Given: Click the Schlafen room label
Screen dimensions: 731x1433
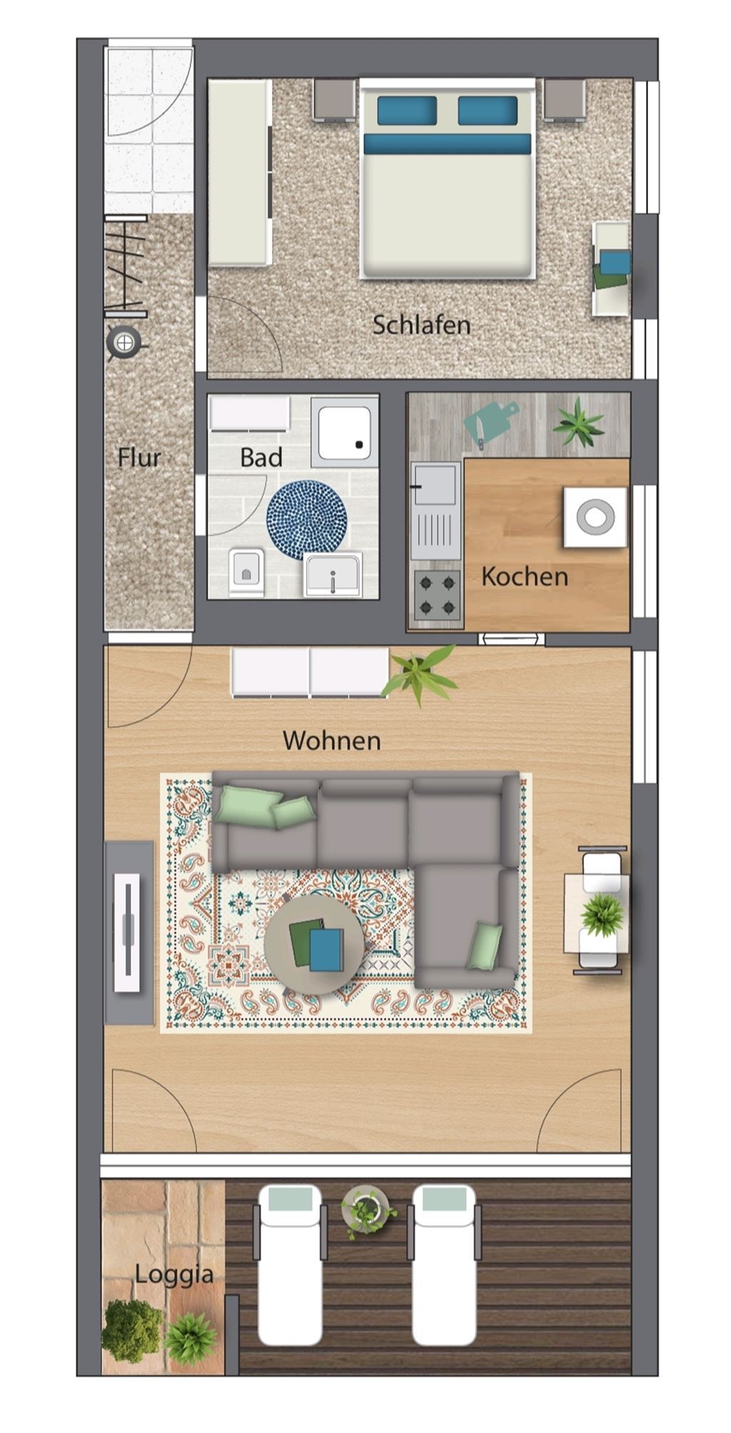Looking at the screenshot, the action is point(421,325).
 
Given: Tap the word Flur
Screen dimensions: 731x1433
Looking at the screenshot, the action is point(139,457).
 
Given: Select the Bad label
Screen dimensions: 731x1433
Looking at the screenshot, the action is point(261,457).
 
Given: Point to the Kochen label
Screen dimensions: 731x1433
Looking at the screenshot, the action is point(525,577).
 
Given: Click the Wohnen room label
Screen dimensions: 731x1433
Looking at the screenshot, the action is point(332,741).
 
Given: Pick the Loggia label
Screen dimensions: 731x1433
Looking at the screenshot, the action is point(174,1275).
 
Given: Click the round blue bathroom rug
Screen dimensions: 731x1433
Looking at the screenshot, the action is point(307,520).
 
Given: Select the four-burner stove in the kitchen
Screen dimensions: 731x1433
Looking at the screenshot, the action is point(437,595).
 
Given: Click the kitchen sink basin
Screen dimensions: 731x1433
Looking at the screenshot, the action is point(435,484).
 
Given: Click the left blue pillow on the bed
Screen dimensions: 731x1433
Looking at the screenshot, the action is point(407,111).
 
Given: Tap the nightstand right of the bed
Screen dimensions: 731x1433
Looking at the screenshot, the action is point(565,99).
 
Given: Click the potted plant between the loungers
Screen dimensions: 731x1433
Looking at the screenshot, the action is point(367,1211).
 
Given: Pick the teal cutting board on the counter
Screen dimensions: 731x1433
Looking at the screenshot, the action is point(490,424).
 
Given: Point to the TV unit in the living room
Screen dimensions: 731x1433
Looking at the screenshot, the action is point(129,933).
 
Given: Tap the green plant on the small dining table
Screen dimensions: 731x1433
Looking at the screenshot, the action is point(603,913).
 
